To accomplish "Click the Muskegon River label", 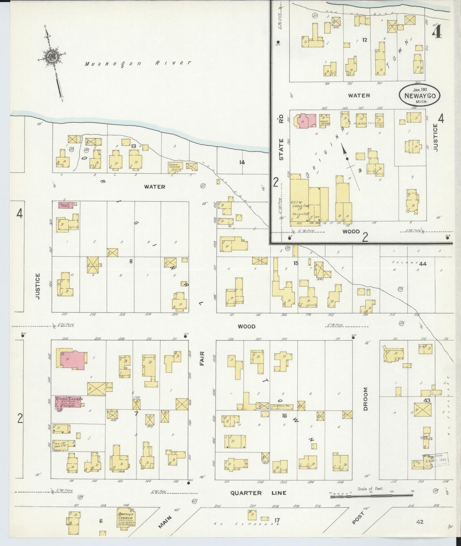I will [138, 63].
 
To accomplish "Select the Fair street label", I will [202, 358].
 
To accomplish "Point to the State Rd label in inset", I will [281, 140].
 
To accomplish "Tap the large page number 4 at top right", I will [437, 31].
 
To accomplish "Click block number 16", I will [285, 415].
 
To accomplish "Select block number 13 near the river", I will [134, 146].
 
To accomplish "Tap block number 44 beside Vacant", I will [423, 264].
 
